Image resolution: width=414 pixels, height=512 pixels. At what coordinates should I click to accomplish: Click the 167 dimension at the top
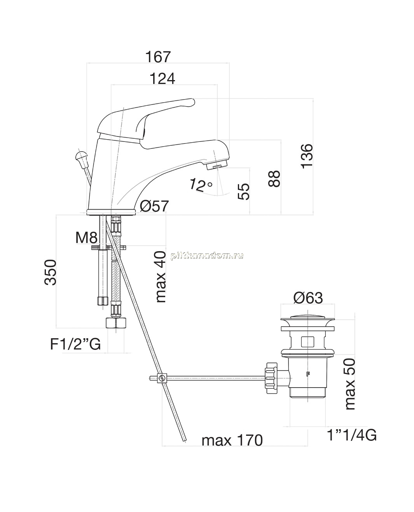coord(158,57)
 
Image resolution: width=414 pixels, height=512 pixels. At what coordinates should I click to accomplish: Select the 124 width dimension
coord(162,79)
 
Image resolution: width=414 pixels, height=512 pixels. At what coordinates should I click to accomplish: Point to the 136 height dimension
coord(307,156)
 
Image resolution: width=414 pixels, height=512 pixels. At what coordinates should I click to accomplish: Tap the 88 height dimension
coord(274,178)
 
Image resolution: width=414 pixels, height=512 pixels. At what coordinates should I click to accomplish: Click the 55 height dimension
coord(244,192)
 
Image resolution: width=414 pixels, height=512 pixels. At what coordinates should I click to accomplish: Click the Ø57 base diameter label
coord(154,206)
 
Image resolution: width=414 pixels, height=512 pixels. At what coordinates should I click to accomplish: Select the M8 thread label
coord(87,238)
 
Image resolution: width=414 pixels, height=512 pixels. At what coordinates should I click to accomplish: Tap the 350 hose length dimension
coord(51,273)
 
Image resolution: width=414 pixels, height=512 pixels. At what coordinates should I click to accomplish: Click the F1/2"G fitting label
coord(75,344)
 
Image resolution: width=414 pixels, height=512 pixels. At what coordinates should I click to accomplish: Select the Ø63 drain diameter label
coord(308,298)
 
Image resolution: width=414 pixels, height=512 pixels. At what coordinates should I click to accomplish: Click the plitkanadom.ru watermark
coord(207,255)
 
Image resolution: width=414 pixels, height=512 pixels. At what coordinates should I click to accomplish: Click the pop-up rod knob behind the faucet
coord(80,155)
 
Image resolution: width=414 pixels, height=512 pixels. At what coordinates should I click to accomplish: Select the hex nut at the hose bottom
coord(116,323)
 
